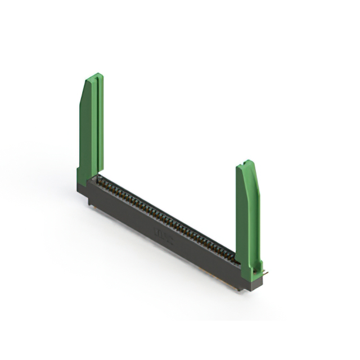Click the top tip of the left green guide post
(x=97, y=75)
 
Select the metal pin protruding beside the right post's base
(x=265, y=273)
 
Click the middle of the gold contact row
(x=166, y=217)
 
